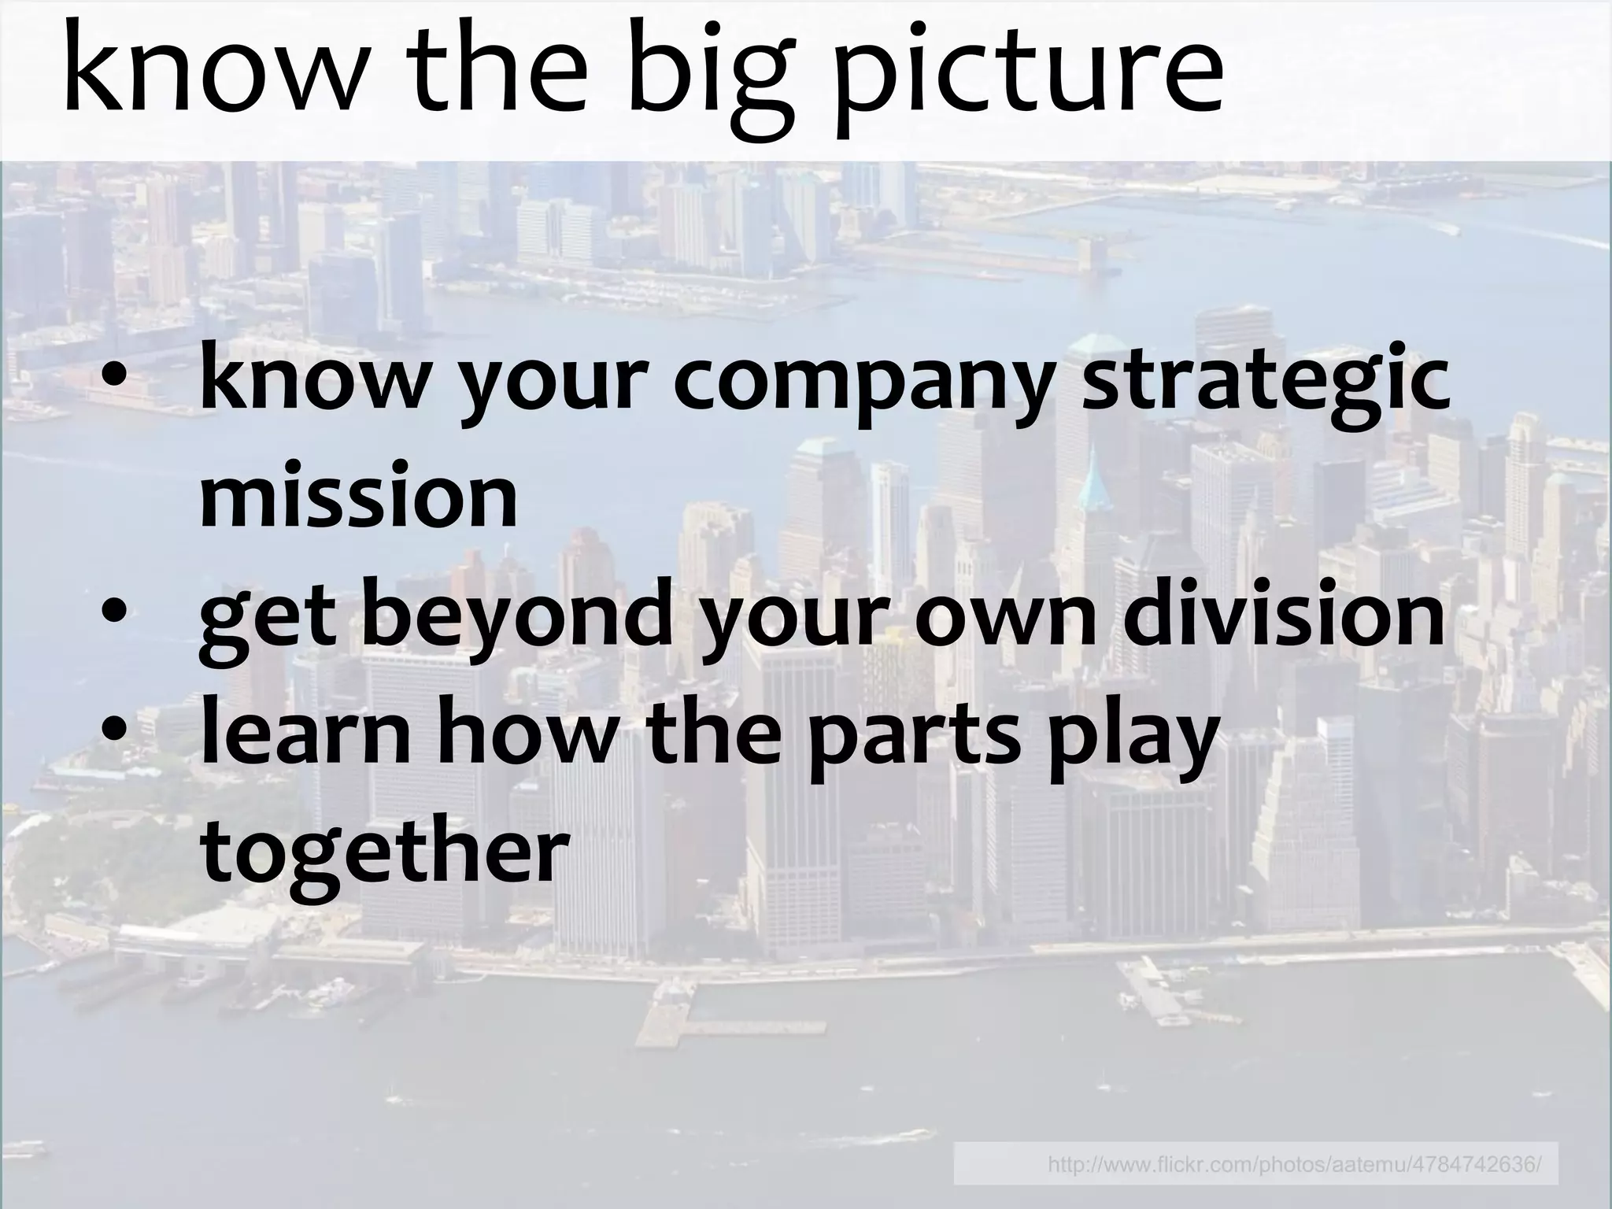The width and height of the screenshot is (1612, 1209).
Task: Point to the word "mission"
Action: (359, 496)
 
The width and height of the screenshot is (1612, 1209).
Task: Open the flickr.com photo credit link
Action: (1294, 1163)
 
